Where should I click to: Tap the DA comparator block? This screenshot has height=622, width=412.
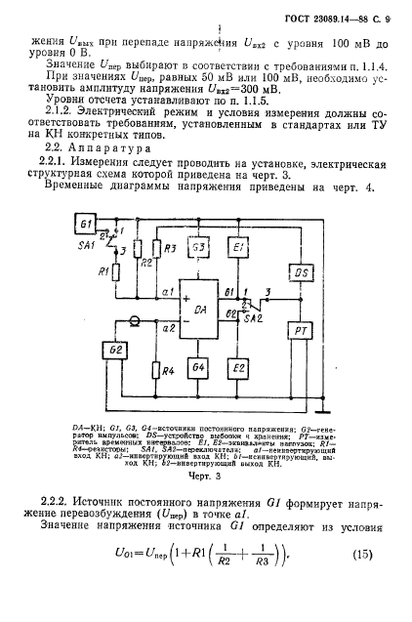click(x=200, y=310)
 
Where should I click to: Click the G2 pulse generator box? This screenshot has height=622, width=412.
click(x=116, y=350)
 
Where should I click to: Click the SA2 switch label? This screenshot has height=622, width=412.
click(x=253, y=319)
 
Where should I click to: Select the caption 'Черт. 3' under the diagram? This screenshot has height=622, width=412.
click(x=205, y=478)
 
